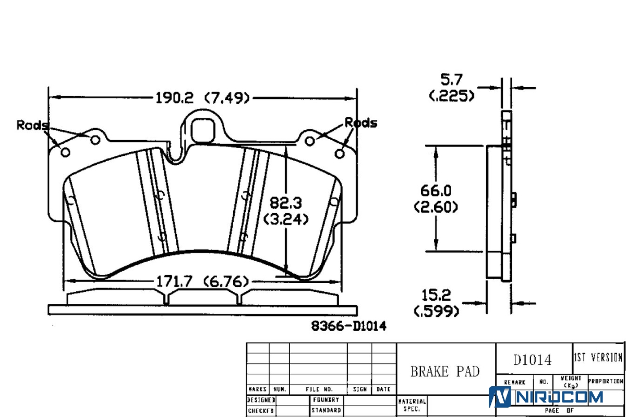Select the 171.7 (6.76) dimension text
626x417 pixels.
click(x=202, y=282)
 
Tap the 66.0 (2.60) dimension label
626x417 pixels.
click(x=436, y=199)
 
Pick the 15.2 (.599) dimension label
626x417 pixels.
click(x=437, y=303)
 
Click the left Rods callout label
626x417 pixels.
click(x=32, y=125)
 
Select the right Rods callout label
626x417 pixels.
click(x=360, y=123)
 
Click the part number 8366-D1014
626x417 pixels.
click(x=349, y=326)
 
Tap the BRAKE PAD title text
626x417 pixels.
click(x=445, y=371)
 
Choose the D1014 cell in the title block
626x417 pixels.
click(x=532, y=359)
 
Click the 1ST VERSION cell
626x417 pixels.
click(x=598, y=358)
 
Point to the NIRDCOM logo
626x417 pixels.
click(x=546, y=397)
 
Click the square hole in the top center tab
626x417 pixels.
click(x=202, y=128)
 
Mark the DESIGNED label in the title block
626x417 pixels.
click(x=261, y=400)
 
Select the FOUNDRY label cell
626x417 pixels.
click(x=326, y=400)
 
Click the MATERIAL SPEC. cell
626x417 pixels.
click(x=412, y=405)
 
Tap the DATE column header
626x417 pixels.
click(x=383, y=389)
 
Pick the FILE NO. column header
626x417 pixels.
click(x=319, y=389)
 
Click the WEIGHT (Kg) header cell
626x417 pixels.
click(x=571, y=382)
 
